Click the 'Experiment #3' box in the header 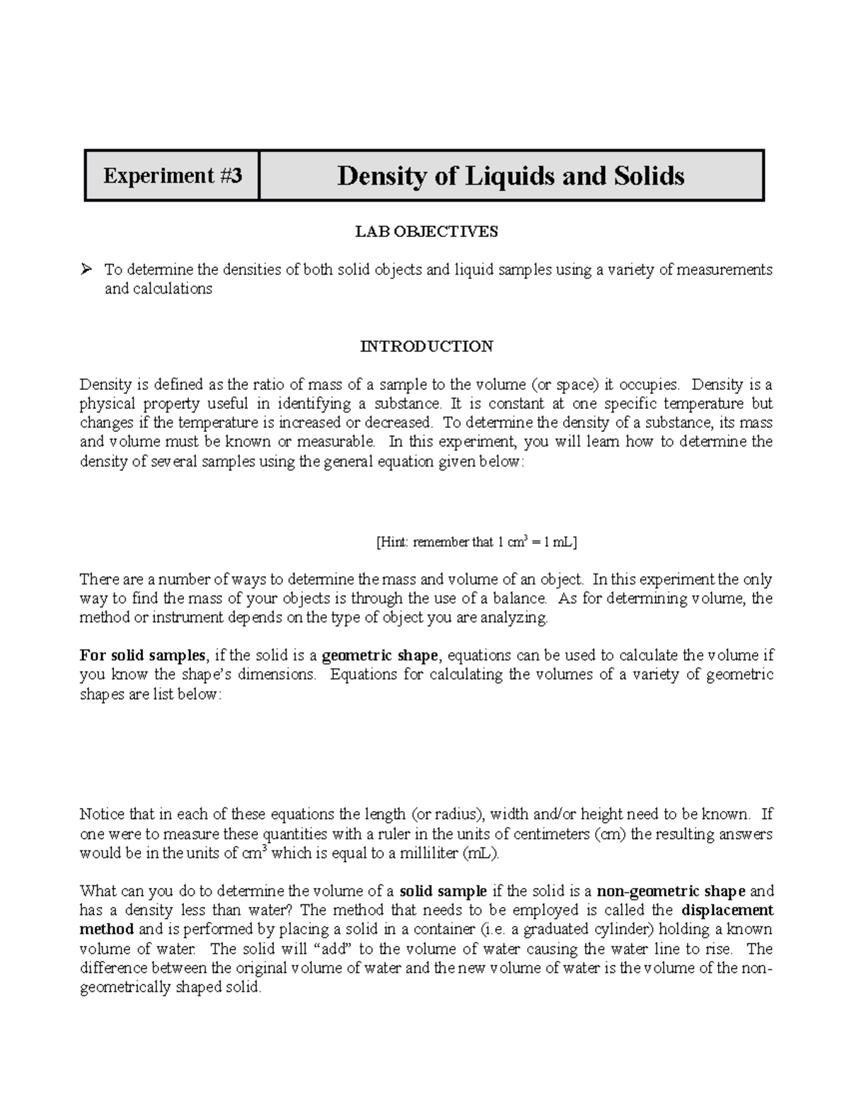coord(172,176)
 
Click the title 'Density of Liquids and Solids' coord(510,176)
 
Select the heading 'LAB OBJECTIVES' coord(426,231)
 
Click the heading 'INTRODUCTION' coord(426,346)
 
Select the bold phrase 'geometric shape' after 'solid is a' coord(379,655)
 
